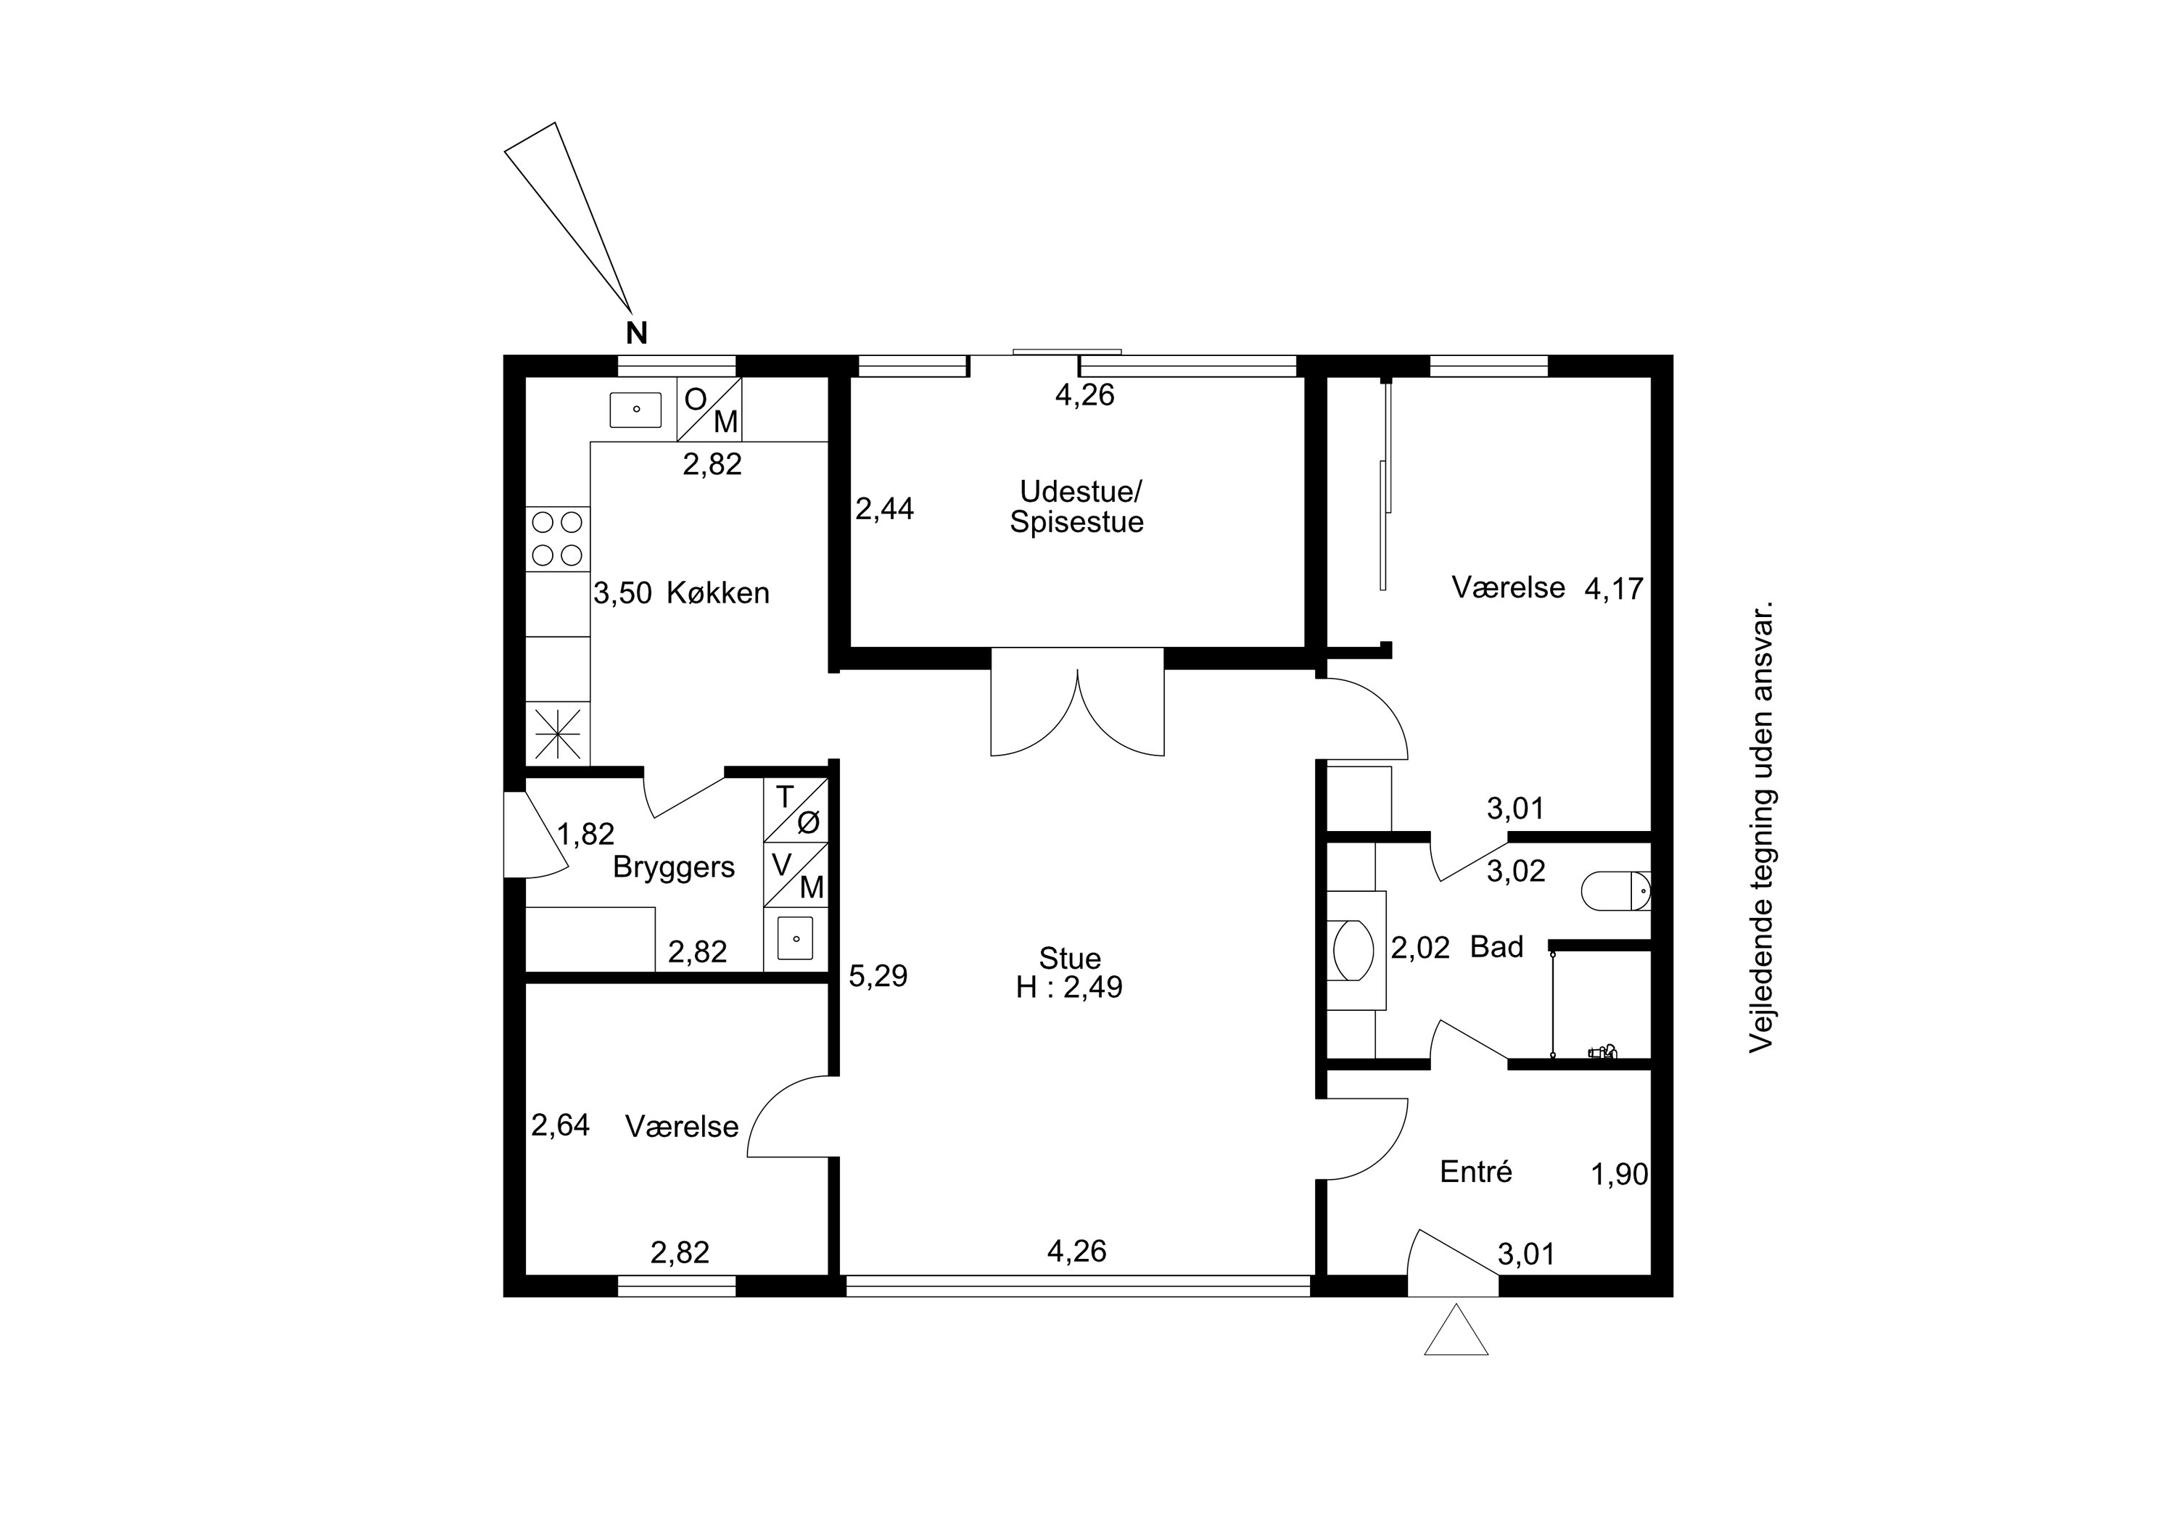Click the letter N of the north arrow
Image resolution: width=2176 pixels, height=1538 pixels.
click(637, 334)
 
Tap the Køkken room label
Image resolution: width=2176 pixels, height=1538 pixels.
click(718, 593)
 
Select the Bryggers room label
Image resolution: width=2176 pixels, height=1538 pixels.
click(674, 868)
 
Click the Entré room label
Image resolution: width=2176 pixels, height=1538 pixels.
click(1475, 1173)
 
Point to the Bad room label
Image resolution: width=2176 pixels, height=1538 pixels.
click(1496, 947)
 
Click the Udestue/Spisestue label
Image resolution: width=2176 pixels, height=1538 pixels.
click(1078, 507)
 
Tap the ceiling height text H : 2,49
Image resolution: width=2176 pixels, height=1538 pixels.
click(1069, 988)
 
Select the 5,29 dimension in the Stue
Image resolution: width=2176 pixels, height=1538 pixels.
click(878, 976)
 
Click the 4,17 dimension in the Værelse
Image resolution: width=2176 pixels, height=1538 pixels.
click(1614, 590)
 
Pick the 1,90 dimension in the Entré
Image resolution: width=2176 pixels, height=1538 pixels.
click(1620, 1175)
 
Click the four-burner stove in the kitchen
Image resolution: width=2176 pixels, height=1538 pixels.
click(557, 538)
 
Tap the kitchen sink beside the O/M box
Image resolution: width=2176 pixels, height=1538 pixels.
click(635, 410)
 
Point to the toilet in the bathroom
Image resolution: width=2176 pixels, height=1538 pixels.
click(1617, 890)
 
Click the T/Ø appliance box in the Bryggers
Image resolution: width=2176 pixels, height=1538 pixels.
click(796, 810)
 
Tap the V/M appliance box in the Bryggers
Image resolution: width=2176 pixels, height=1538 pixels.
click(796, 875)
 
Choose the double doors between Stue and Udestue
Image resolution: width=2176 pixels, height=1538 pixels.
click(1078, 702)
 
